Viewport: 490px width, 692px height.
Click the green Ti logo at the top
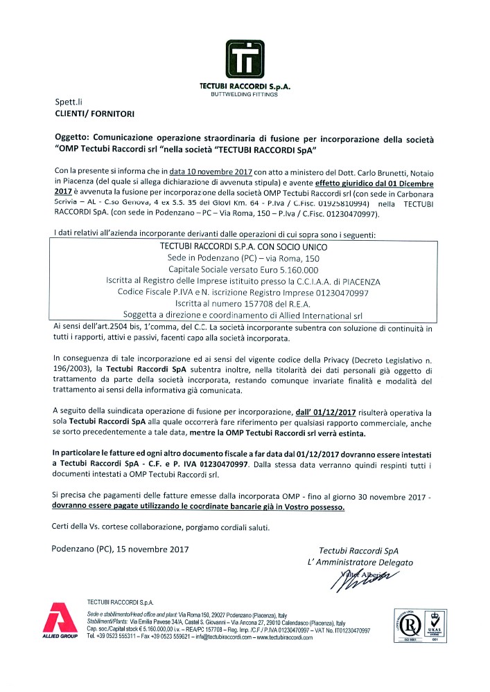(x=245, y=57)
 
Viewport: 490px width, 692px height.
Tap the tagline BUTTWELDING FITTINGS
(x=244, y=94)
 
